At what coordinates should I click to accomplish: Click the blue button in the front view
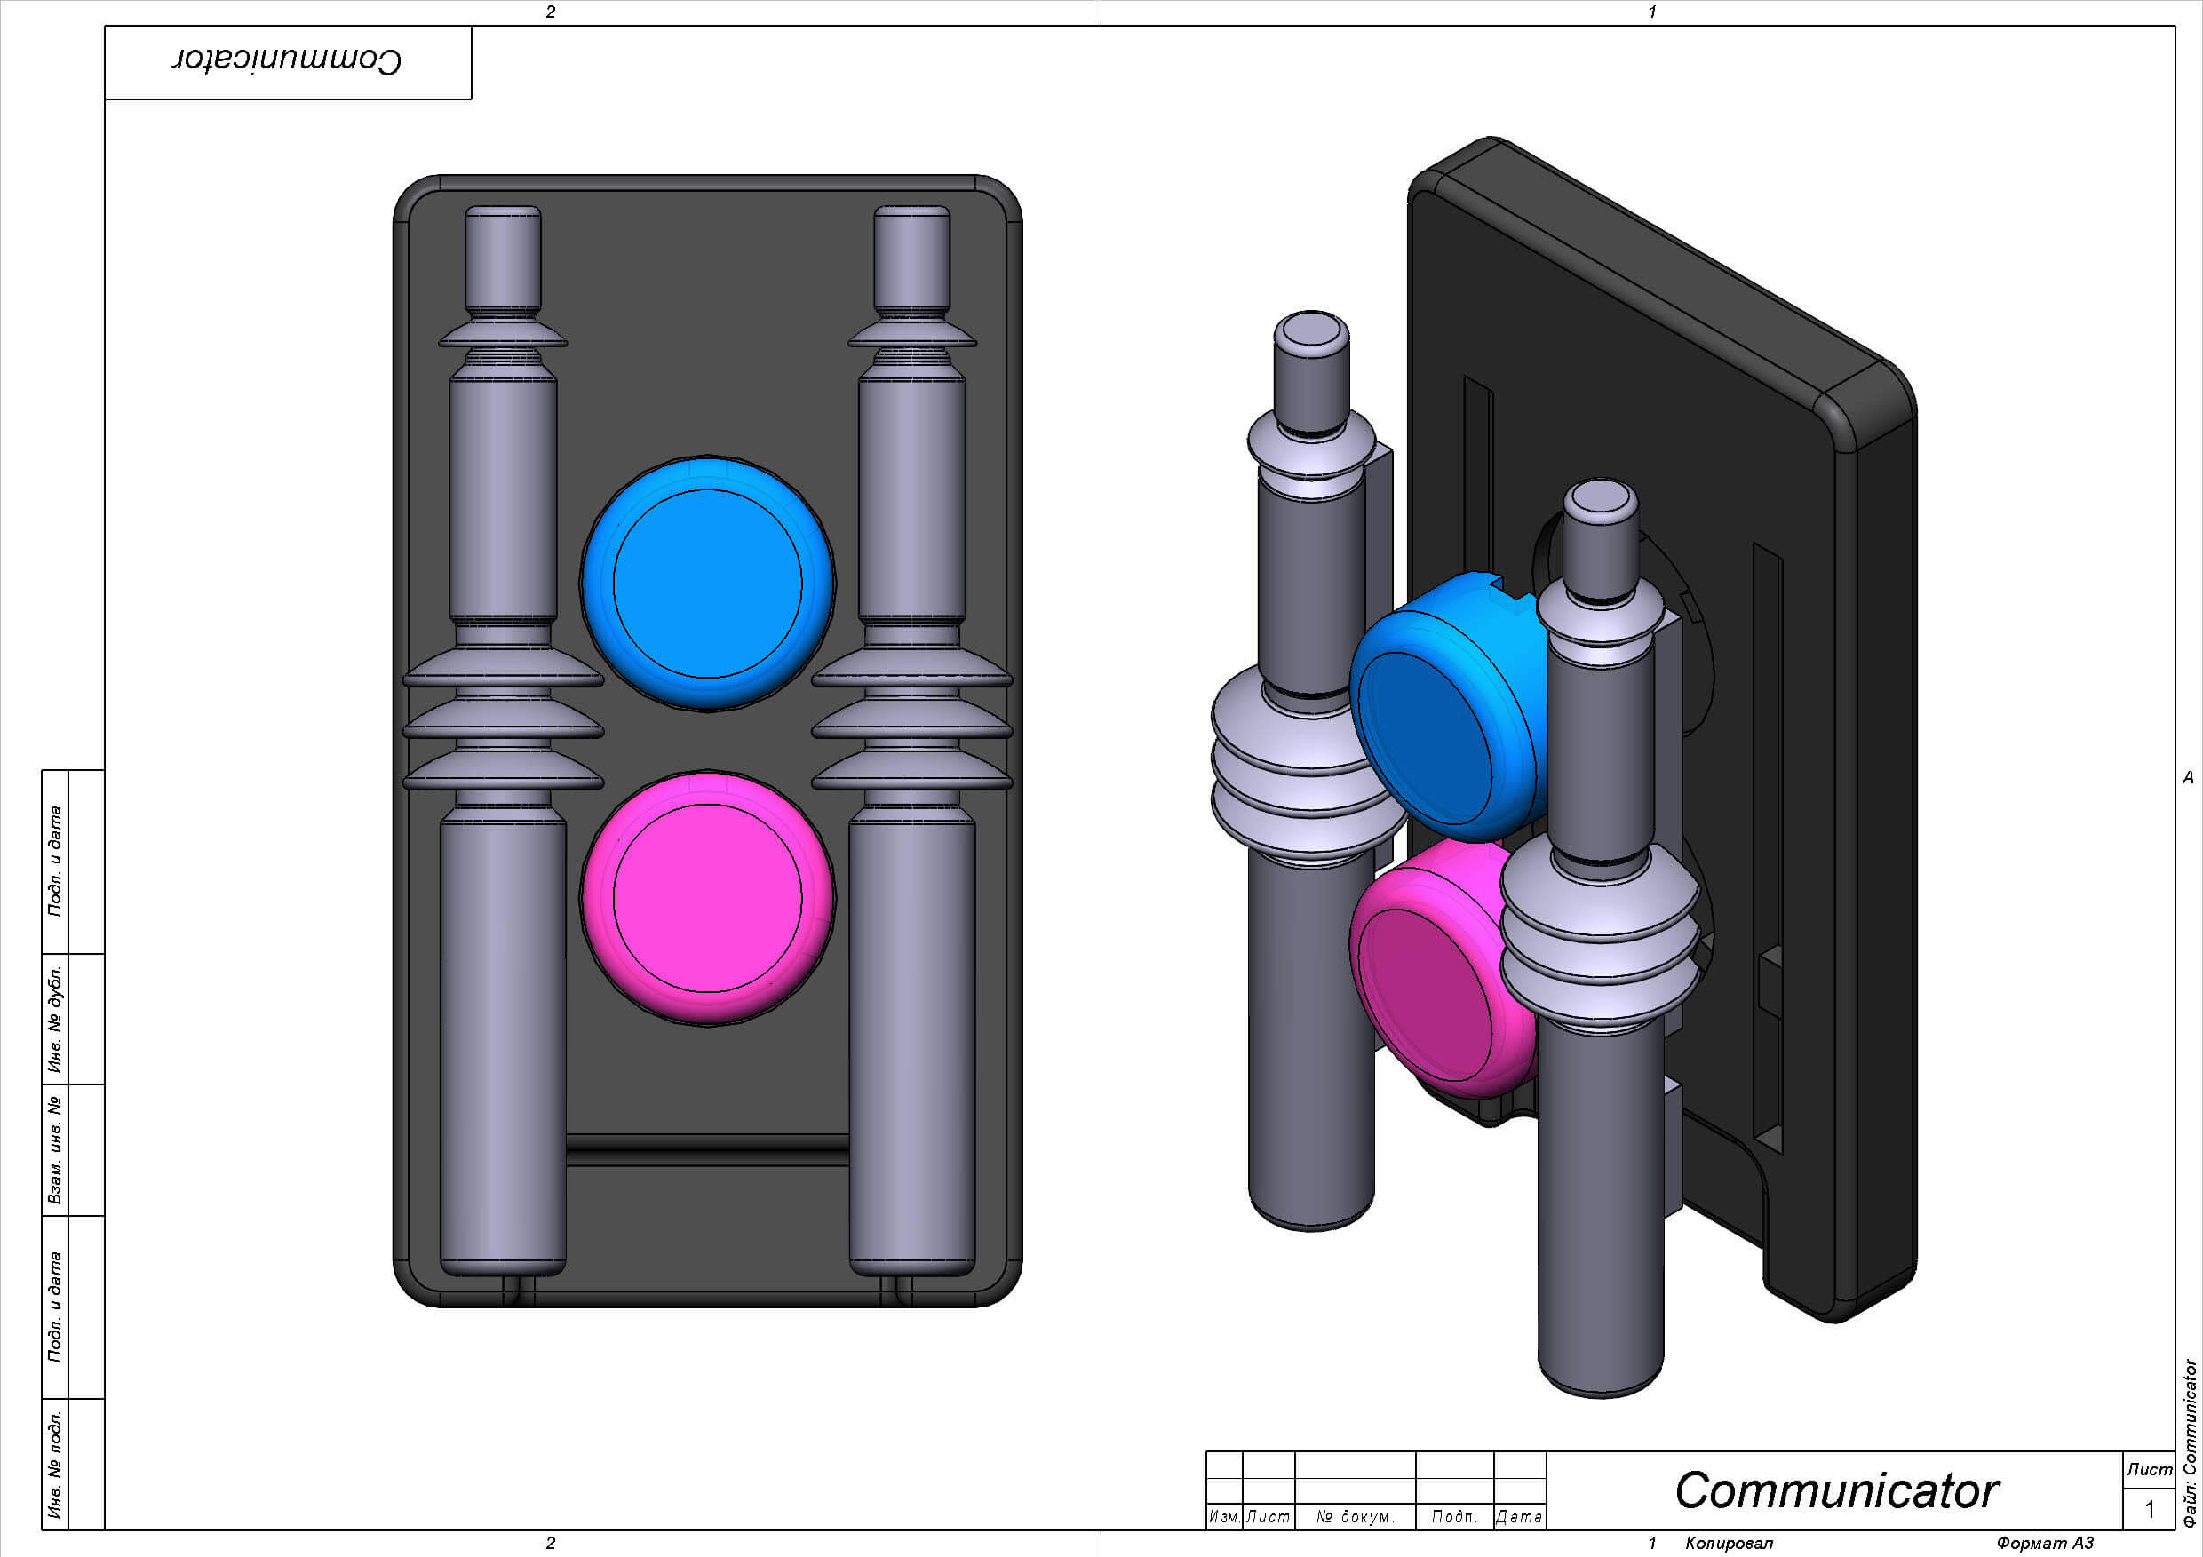click(x=707, y=583)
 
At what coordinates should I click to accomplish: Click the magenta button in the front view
click(x=707, y=898)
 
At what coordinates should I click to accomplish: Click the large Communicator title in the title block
click(x=1835, y=1489)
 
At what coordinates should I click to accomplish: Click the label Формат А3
click(x=2045, y=1543)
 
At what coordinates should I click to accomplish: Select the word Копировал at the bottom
click(x=1729, y=1543)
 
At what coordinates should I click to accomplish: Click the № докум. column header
click(x=1355, y=1517)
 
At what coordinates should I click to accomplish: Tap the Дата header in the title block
click(x=1519, y=1517)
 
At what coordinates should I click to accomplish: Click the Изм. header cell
click(x=1223, y=1517)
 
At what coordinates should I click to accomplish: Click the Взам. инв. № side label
click(x=56, y=1150)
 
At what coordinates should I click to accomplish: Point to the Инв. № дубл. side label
click(x=56, y=1019)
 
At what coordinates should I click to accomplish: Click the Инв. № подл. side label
click(x=56, y=1464)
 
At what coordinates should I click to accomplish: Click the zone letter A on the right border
click(x=2188, y=777)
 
